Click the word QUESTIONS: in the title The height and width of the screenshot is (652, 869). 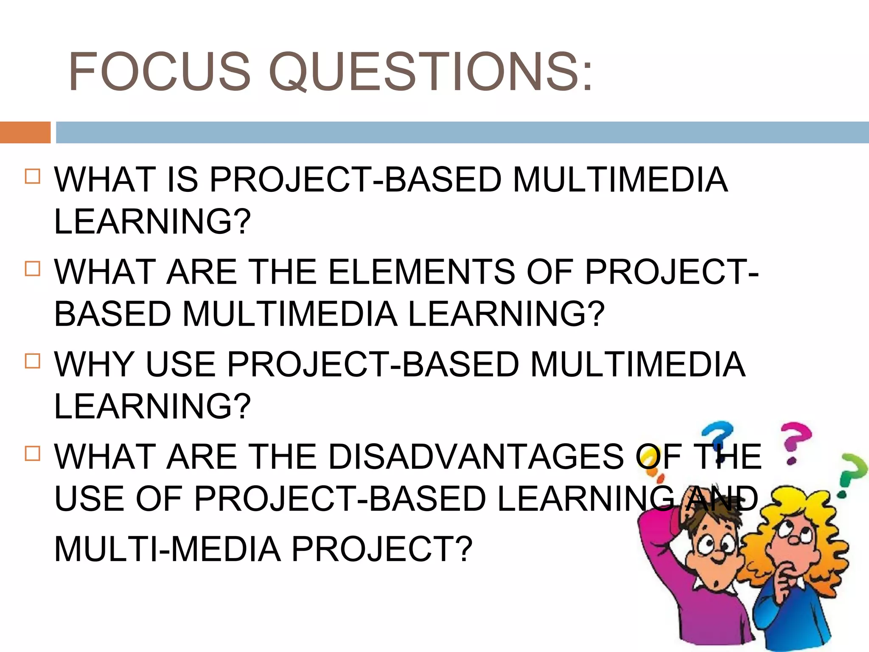click(x=430, y=71)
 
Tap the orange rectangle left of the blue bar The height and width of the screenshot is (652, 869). click(x=25, y=132)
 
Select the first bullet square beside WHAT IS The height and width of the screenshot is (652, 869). click(x=33, y=176)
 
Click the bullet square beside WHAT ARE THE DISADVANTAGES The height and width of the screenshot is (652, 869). click(x=33, y=453)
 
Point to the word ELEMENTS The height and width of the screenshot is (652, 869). click(x=421, y=272)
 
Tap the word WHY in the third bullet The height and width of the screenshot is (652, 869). click(x=94, y=365)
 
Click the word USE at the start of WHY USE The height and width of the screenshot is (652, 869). click(x=180, y=365)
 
